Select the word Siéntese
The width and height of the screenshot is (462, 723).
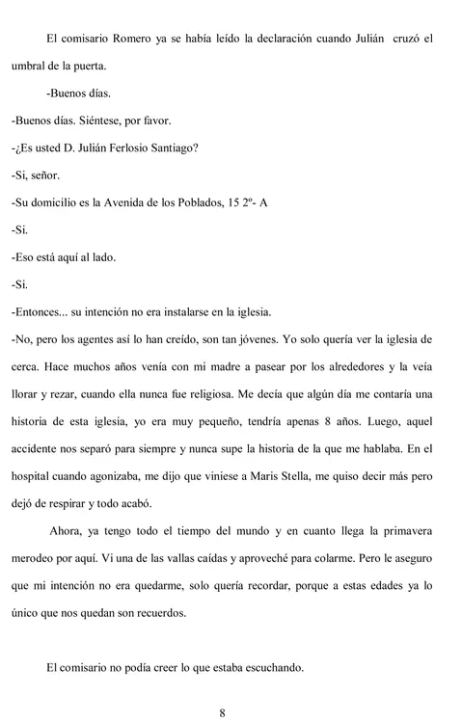(x=107, y=122)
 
